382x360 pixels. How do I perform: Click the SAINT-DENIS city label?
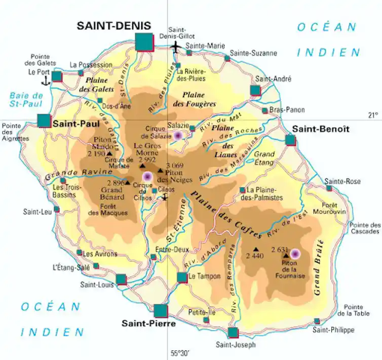click(x=113, y=25)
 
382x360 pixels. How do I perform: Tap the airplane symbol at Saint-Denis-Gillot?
click(x=176, y=47)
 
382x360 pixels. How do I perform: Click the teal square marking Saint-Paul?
click(x=44, y=121)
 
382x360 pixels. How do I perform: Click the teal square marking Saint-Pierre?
click(x=161, y=311)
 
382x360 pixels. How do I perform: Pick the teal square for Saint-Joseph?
click(x=233, y=333)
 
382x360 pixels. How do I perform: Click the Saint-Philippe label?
click(x=333, y=330)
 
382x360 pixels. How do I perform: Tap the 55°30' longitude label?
click(x=180, y=353)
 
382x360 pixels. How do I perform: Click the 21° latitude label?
click(x=373, y=115)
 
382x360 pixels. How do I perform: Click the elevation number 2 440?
click(x=254, y=256)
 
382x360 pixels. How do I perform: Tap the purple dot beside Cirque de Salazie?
click(x=178, y=136)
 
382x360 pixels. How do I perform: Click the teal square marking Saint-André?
click(x=255, y=91)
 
